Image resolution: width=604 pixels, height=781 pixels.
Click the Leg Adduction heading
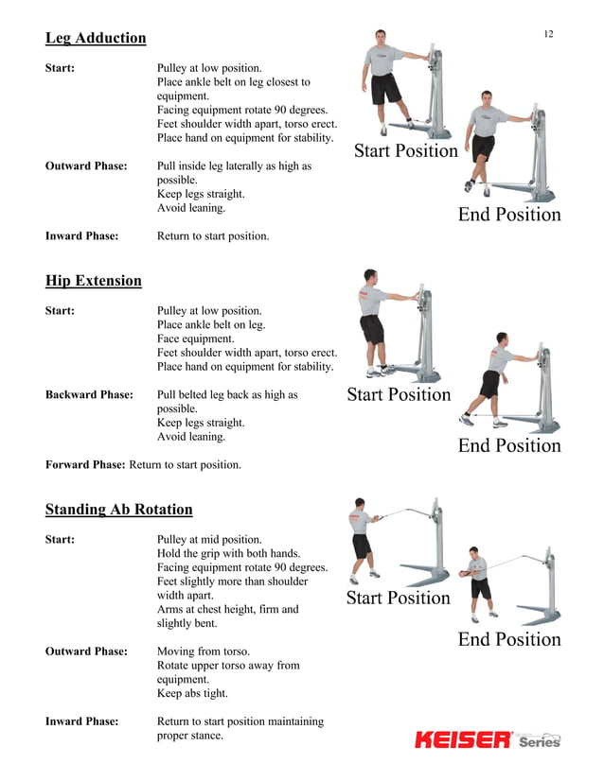pyautogui.click(x=96, y=39)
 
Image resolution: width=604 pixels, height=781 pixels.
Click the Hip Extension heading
pyautogui.click(x=94, y=281)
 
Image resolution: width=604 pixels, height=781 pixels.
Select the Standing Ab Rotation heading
pyautogui.click(x=118, y=510)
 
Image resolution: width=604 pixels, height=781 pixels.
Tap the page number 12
pyautogui.click(x=548, y=34)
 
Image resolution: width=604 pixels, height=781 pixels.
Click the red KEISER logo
pyautogui.click(x=463, y=739)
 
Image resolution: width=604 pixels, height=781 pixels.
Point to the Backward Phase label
pyautogui.click(x=89, y=395)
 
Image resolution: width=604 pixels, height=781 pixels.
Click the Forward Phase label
pyautogui.click(x=85, y=464)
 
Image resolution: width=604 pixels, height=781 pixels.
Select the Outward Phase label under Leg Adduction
pyautogui.click(x=86, y=165)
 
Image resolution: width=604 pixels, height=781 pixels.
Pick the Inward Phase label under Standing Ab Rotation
pyautogui.click(x=82, y=721)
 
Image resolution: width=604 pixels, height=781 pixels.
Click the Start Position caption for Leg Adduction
pyautogui.click(x=406, y=150)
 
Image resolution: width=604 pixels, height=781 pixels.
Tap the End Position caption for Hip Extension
pyautogui.click(x=509, y=445)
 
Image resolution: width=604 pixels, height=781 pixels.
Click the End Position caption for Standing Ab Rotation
pyautogui.click(x=509, y=639)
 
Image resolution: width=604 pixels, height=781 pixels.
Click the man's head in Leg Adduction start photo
pyautogui.click(x=380, y=38)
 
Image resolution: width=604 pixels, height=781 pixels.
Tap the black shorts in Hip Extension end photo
pyautogui.click(x=489, y=384)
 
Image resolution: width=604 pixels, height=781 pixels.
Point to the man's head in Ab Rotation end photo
pyautogui.click(x=473, y=553)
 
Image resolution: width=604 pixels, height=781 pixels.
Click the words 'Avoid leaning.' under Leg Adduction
pyautogui.click(x=191, y=208)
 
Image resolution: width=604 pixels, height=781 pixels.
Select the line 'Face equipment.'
pyautogui.click(x=196, y=338)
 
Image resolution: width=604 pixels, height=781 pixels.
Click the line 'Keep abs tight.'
pyautogui.click(x=192, y=693)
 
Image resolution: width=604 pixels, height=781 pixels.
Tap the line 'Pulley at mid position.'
pyautogui.click(x=209, y=540)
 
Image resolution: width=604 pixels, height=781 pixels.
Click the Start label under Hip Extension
pyautogui.click(x=60, y=311)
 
